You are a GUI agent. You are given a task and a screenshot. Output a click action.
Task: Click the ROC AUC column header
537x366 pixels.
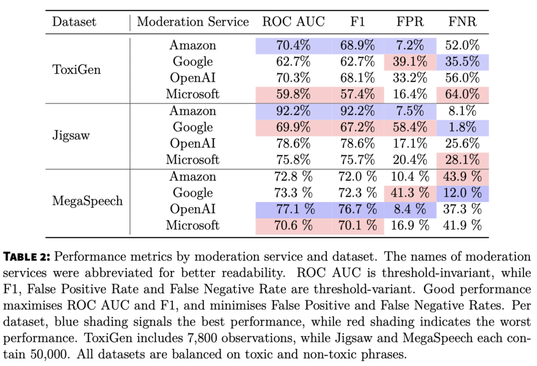293,22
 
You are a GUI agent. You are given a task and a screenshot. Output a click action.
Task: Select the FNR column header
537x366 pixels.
462,22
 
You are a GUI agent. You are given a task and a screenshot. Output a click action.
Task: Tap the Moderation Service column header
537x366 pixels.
193,22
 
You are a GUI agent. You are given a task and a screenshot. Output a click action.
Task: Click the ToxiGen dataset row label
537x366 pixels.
77,69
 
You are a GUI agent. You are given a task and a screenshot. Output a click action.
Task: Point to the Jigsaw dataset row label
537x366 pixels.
71,135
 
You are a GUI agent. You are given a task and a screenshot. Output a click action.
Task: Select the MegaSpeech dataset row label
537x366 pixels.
87,201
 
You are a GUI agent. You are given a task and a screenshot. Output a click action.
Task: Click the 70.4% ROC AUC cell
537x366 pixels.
293,45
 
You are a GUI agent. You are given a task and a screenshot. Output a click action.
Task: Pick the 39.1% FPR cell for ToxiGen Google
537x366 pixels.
410,62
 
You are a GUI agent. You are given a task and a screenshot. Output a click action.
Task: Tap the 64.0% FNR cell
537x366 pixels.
462,94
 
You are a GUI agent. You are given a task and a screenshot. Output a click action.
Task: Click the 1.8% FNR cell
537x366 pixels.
462,127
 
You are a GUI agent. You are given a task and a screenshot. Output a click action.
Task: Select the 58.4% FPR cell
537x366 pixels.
410,127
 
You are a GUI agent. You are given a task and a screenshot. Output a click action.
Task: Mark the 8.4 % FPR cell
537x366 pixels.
410,209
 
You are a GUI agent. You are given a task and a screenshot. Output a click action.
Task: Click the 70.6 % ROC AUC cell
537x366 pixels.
293,226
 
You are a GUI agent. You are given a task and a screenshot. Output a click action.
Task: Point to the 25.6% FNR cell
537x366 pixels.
462,144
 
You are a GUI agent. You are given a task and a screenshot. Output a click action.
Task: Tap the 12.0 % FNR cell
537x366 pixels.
463,193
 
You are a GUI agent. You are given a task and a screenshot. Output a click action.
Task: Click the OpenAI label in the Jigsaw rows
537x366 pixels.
193,144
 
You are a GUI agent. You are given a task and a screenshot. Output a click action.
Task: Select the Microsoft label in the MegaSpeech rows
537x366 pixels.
193,226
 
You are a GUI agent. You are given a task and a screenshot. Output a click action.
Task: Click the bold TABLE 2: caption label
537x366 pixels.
27,257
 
